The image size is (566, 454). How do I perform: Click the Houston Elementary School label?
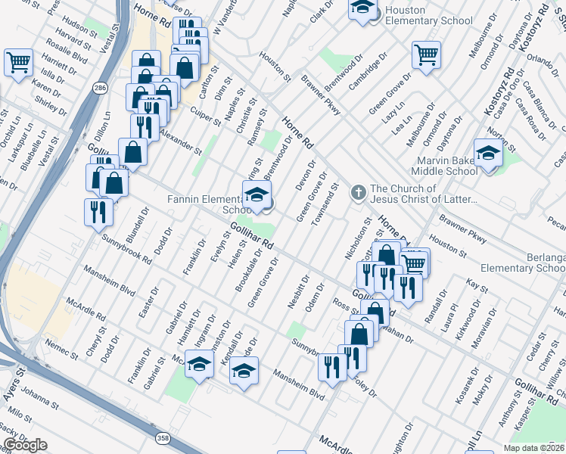click(x=418, y=14)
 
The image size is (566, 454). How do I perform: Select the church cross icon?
click(x=359, y=194)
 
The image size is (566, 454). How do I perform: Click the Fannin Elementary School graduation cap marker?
click(x=257, y=194)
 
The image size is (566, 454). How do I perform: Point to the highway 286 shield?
click(x=101, y=89)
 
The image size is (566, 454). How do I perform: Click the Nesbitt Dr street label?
click(x=300, y=289)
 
